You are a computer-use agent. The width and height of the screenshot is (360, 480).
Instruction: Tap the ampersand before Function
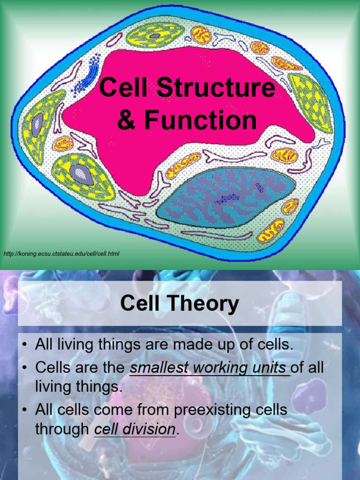pos(125,120)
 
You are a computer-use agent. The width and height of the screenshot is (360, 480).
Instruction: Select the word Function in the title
pos(201,120)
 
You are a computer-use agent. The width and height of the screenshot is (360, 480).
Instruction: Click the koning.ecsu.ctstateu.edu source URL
pos(61,254)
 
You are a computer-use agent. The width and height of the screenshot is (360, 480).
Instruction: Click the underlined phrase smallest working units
pos(210,368)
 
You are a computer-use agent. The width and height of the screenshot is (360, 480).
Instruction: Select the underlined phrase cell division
pos(135,429)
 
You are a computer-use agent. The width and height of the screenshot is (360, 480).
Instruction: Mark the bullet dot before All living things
pos(25,345)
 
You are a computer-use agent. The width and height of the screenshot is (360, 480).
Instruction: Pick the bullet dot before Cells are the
pos(25,368)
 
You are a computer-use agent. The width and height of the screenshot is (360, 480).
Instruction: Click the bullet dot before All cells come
pos(25,410)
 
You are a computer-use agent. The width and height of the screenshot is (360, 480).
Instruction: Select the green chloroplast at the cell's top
pos(155,35)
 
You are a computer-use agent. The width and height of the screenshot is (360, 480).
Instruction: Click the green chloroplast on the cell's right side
pos(310,102)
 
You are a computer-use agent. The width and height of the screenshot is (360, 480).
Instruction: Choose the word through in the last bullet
pos(62,429)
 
